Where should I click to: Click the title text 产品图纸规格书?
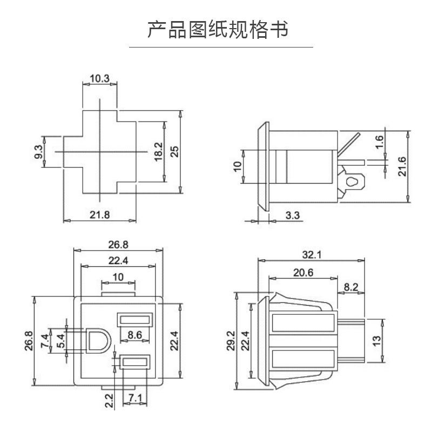(218, 29)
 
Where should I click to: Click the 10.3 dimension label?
(99, 78)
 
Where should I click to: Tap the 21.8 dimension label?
(99, 214)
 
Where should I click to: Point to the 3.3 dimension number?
(292, 216)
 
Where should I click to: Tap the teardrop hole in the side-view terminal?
(352, 181)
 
